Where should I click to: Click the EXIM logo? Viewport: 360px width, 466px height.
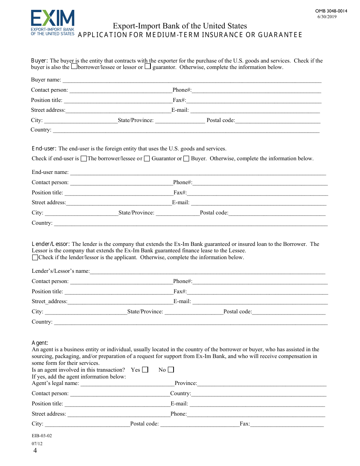(53, 23)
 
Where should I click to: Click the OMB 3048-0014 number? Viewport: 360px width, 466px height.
(331, 11)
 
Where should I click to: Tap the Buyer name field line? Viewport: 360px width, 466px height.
(191, 80)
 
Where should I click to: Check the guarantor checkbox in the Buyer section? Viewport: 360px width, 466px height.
(148, 66)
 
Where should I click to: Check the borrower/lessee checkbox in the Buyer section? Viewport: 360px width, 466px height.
(74, 66)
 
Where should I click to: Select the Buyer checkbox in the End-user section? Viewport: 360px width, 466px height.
(186, 159)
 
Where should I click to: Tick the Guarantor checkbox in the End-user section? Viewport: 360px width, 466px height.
(147, 159)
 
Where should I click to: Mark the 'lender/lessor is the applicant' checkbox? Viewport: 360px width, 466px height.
(35, 258)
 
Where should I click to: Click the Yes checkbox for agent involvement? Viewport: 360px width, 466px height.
(145, 370)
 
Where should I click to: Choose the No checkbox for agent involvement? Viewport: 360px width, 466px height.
(171, 370)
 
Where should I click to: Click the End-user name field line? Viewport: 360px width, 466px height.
(198, 172)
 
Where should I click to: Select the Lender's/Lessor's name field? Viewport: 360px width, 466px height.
(207, 271)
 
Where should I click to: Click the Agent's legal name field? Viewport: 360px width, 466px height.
(127, 383)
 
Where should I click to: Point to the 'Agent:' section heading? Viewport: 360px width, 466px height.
(40, 343)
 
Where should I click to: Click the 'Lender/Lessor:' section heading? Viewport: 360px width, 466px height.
(51, 244)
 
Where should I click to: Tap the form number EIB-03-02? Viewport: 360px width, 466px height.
(42, 436)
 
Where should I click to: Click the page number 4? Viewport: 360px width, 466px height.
(35, 451)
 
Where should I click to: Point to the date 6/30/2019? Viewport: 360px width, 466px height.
(327, 16)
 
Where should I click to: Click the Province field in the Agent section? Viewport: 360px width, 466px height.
(261, 383)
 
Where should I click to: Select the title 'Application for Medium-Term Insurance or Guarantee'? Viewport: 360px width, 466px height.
(190, 35)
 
